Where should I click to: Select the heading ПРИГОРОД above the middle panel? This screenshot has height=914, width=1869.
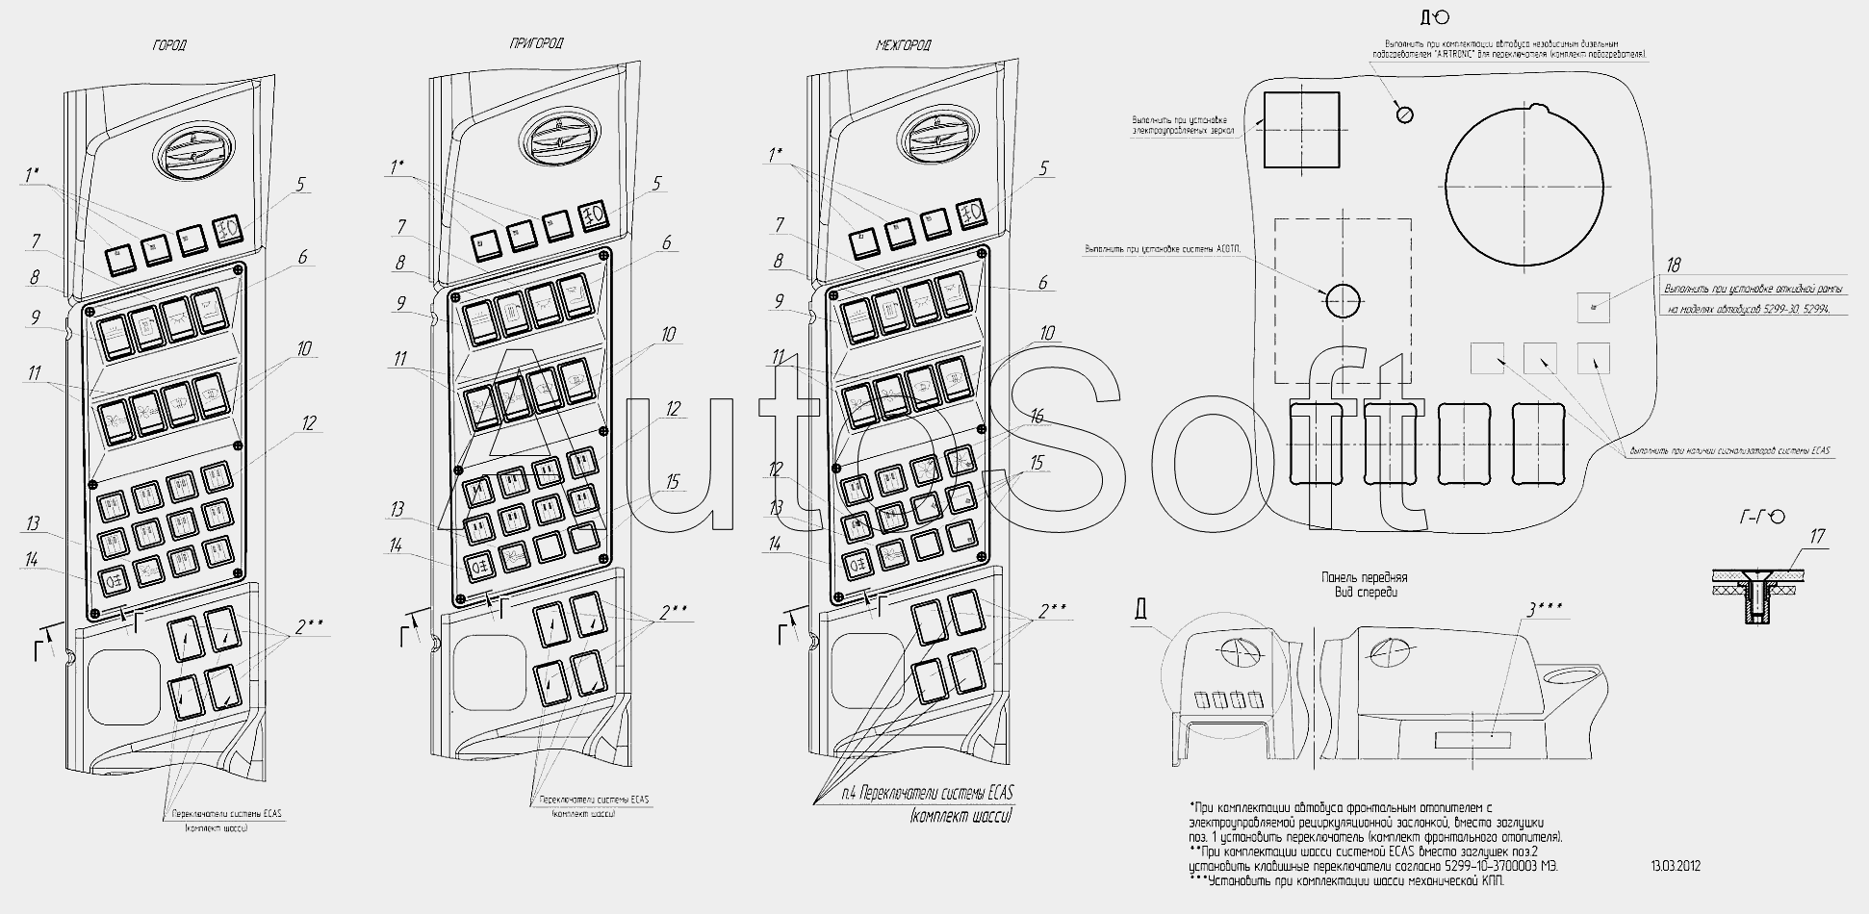tap(537, 43)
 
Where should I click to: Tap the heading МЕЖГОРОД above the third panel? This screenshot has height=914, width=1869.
tap(903, 45)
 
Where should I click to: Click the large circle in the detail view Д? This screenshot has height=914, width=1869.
tap(1525, 184)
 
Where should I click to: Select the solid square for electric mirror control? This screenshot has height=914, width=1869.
tap(1301, 130)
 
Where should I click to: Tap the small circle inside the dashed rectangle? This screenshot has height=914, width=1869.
tap(1344, 300)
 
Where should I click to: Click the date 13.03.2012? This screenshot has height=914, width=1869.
tap(1676, 866)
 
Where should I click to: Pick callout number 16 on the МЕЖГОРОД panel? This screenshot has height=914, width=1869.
tap(1036, 418)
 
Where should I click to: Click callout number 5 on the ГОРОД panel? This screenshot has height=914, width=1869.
tap(301, 183)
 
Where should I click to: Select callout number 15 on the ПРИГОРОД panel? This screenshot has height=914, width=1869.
tap(672, 481)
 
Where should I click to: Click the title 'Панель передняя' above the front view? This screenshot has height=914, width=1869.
tap(1364, 577)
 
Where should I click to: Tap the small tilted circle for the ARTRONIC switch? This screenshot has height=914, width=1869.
tap(1404, 114)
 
